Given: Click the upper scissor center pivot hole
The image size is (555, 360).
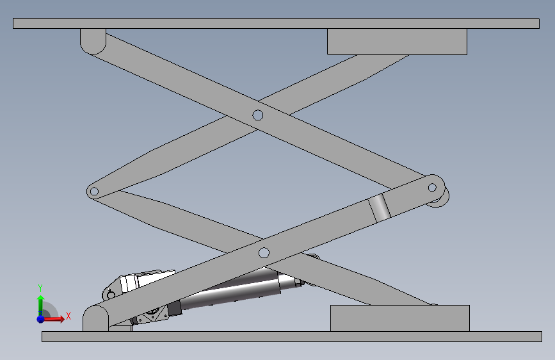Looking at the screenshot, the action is [x=258, y=115].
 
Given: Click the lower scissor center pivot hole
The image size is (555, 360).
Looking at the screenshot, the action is [x=264, y=253].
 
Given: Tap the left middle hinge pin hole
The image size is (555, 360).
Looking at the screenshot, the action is [x=94, y=192].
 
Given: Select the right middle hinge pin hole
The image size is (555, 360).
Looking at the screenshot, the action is [x=432, y=187].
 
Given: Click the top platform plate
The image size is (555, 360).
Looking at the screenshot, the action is [x=276, y=24].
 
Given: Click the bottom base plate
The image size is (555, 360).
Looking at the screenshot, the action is [x=292, y=336].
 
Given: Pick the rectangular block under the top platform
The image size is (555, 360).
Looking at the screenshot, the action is [x=397, y=42].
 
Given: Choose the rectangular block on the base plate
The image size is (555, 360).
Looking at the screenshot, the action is [x=400, y=318].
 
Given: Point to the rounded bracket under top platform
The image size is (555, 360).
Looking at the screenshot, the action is [x=93, y=41].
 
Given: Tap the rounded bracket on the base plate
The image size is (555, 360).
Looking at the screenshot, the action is [x=95, y=319].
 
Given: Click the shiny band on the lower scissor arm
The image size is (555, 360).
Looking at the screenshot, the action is [x=379, y=208].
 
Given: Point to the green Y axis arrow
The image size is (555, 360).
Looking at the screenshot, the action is [x=40, y=306].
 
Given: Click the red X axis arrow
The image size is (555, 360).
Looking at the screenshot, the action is [x=53, y=319].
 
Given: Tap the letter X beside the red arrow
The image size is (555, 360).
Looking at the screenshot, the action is [x=68, y=316].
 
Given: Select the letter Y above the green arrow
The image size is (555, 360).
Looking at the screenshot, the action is [x=40, y=288].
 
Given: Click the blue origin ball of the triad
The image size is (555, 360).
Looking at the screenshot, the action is [x=41, y=319].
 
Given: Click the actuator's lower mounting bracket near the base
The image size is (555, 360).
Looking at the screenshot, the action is [x=150, y=315].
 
